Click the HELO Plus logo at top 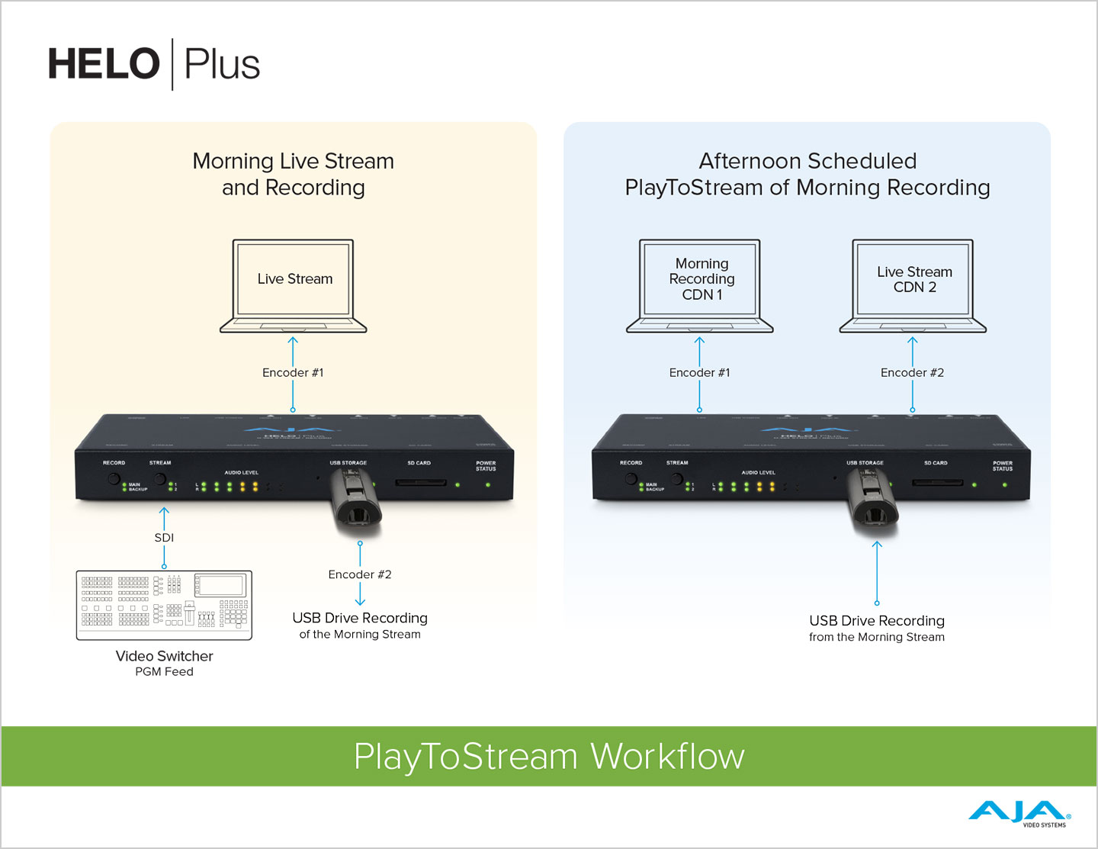pyautogui.click(x=154, y=64)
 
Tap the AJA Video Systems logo pyautogui.click(x=1019, y=813)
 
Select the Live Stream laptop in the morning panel pyautogui.click(x=294, y=285)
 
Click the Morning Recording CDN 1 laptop pyautogui.click(x=700, y=285)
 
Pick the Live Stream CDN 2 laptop pyautogui.click(x=913, y=285)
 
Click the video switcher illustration pyautogui.click(x=164, y=605)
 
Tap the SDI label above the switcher pyautogui.click(x=164, y=538)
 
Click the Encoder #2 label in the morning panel pyautogui.click(x=360, y=574)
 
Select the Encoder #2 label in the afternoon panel pyautogui.click(x=912, y=372)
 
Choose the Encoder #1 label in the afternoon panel pyautogui.click(x=699, y=372)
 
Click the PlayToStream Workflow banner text pyautogui.click(x=549, y=757)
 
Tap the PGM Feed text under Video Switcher pyautogui.click(x=164, y=672)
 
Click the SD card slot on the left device pyautogui.click(x=421, y=483)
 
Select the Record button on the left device pyautogui.click(x=114, y=479)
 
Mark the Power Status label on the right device pyautogui.click(x=1003, y=465)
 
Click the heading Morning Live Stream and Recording pyautogui.click(x=294, y=174)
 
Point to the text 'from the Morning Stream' pyautogui.click(x=877, y=637)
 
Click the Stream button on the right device pyautogui.click(x=676, y=479)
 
